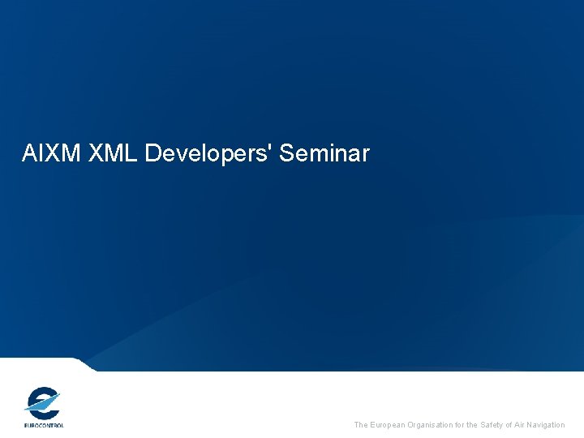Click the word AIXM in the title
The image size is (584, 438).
click(49, 152)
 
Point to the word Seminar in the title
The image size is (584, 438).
click(324, 152)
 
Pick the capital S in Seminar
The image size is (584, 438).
click(286, 152)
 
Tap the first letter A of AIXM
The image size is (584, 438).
click(29, 152)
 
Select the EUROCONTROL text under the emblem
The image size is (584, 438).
click(43, 424)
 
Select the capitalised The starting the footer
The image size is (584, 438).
click(362, 425)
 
